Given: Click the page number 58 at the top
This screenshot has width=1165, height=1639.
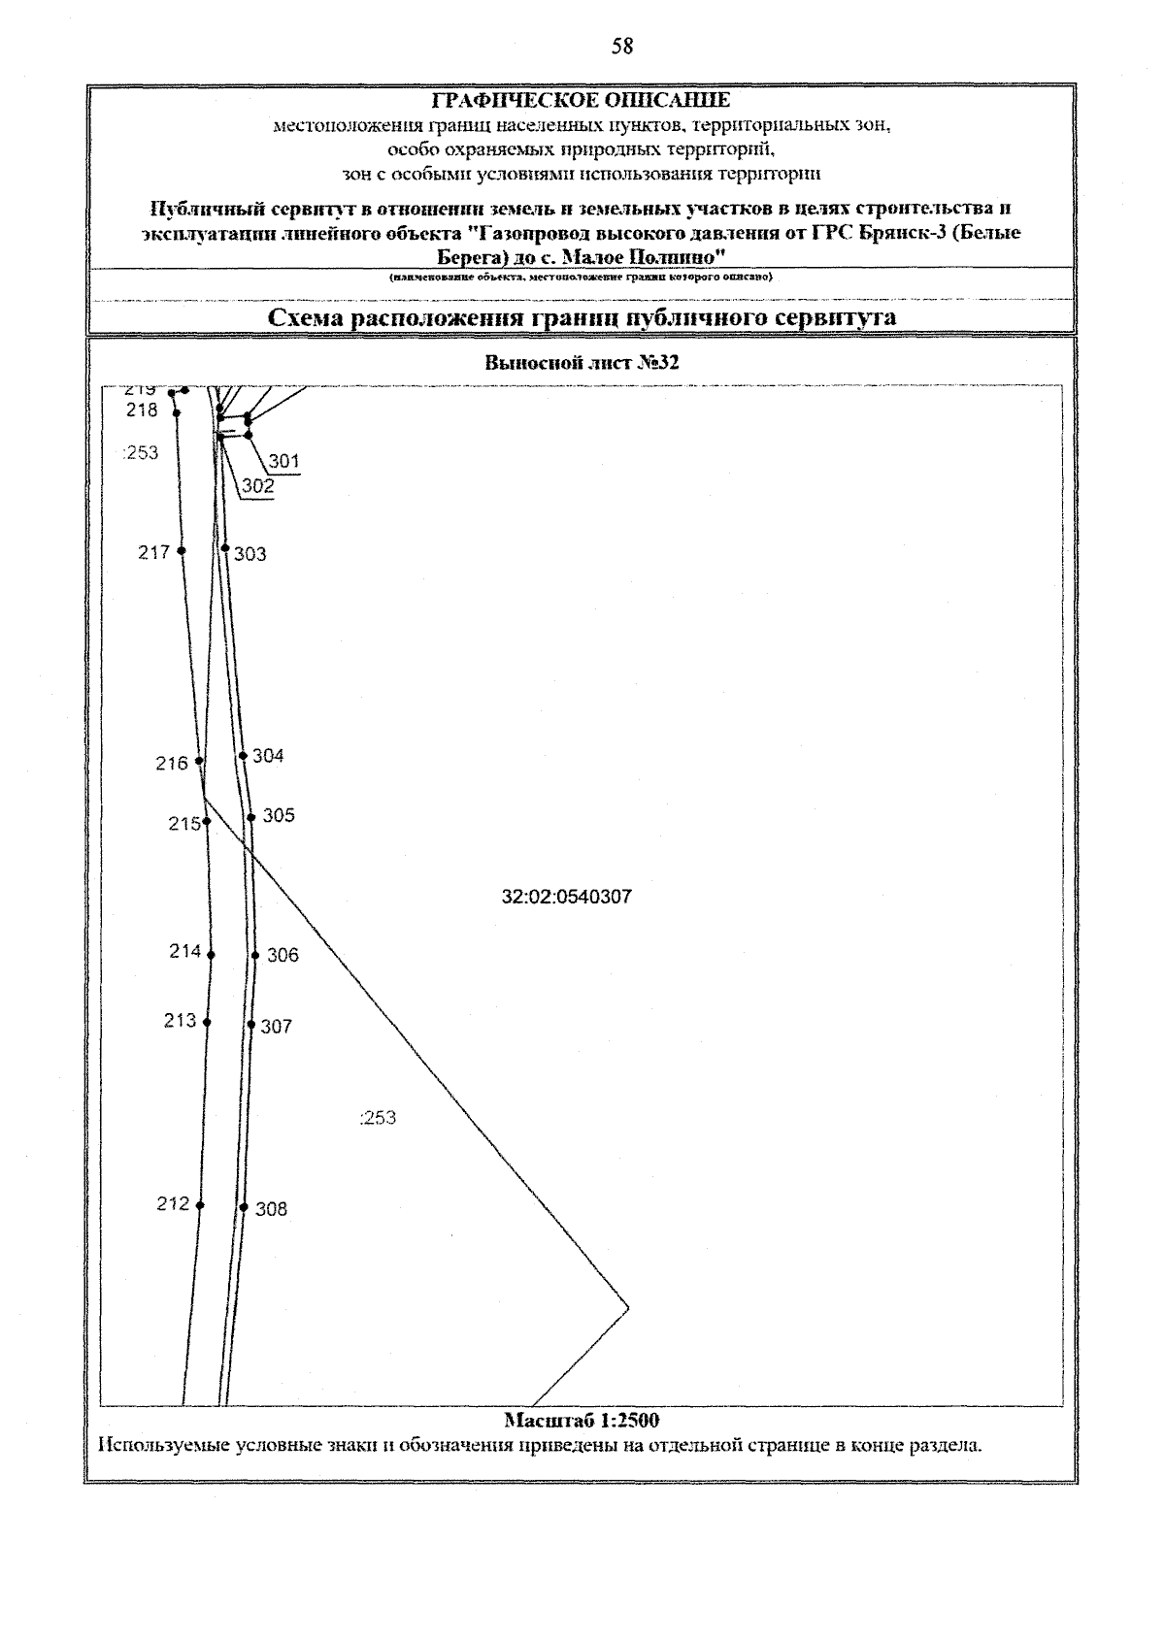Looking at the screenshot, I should tap(622, 46).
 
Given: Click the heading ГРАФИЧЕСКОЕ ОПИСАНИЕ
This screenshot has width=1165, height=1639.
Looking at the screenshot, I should tap(581, 101).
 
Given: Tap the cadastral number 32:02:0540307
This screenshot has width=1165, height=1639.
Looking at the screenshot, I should tap(567, 897).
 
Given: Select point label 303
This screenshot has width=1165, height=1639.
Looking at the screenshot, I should tap(250, 554).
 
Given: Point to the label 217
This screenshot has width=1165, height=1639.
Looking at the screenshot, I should tap(153, 552).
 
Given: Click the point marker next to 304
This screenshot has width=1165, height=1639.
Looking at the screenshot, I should tap(243, 756).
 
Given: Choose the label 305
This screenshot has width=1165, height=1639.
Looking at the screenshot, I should tap(279, 815).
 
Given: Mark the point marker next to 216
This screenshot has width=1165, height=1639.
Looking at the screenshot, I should tap(199, 761).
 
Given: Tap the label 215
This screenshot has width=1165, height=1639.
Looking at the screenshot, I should tap(183, 824).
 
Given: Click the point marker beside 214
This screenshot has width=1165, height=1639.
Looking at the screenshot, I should tap(211, 955).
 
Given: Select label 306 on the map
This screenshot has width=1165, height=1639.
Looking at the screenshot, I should tap(283, 955).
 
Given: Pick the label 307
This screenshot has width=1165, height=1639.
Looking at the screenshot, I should tap(276, 1026).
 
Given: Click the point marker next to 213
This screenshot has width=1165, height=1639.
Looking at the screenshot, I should tap(207, 1022).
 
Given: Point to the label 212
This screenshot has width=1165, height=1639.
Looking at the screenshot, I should tap(173, 1203).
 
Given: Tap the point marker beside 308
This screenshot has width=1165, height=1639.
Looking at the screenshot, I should tap(244, 1207).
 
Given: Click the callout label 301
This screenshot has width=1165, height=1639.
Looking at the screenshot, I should tap(284, 461).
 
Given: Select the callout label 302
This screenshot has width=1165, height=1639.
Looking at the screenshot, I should tap(258, 486).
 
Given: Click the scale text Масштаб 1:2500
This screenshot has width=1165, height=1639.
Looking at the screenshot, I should tap(582, 1421).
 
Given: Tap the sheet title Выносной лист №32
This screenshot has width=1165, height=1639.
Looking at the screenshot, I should tap(581, 364).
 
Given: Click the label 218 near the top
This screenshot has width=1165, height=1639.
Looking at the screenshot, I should tap(142, 410).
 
